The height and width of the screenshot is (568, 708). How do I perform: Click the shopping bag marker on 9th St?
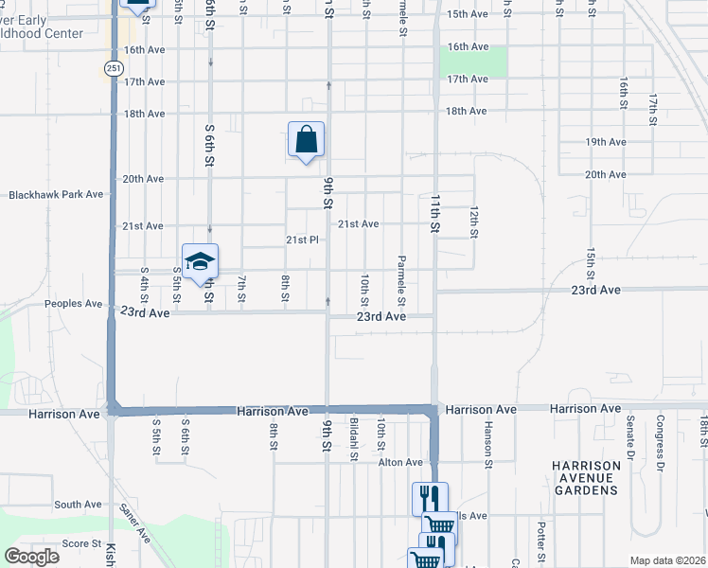pyautogui.click(x=306, y=140)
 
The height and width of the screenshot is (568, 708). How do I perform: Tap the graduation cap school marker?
pyautogui.click(x=200, y=262)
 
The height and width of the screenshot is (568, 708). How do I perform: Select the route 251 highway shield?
pyautogui.click(x=114, y=68)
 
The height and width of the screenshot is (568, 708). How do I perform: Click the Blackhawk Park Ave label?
pyautogui.click(x=56, y=194)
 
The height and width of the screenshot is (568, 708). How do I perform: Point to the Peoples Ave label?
pyautogui.click(x=73, y=304)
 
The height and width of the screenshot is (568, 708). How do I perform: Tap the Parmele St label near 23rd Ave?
pyautogui.click(x=401, y=281)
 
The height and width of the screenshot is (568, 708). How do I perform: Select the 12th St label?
pyautogui.click(x=474, y=220)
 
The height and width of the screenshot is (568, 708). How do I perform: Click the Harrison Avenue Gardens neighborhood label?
pyautogui.click(x=586, y=478)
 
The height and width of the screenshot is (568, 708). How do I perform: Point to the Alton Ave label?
pyautogui.click(x=400, y=462)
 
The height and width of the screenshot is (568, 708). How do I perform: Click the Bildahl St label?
pyautogui.click(x=354, y=442)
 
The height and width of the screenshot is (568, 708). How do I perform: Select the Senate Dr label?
pyautogui.click(x=629, y=441)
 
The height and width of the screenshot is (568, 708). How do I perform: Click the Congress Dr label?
pyautogui.click(x=659, y=440)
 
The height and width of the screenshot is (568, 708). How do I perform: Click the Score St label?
pyautogui.click(x=81, y=543)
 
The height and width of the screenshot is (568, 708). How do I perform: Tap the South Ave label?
pyautogui.click(x=78, y=505)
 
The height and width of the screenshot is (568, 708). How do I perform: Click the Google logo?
pyautogui.click(x=31, y=557)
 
